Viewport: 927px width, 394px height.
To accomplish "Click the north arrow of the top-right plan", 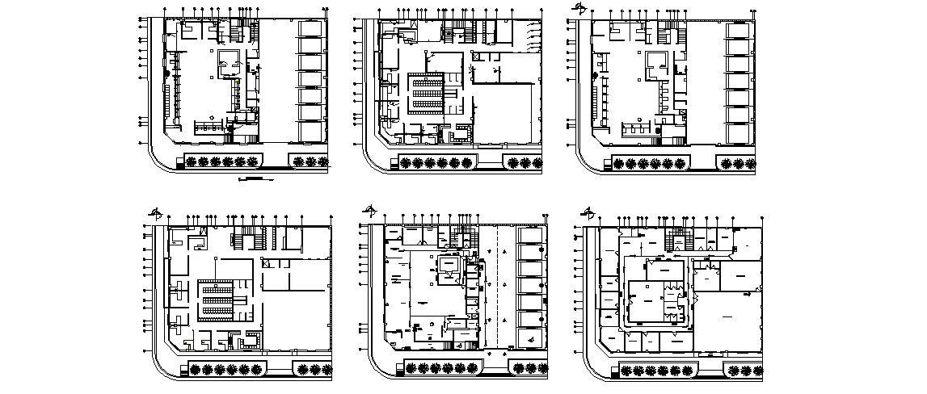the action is tap(579, 8).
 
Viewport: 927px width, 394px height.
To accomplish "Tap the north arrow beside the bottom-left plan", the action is tap(156, 213).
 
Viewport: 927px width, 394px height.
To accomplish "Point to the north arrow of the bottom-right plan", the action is tap(588, 214).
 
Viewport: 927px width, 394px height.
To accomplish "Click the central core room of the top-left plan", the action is tap(229, 61).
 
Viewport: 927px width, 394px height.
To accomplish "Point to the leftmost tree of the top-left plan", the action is tap(192, 161).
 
